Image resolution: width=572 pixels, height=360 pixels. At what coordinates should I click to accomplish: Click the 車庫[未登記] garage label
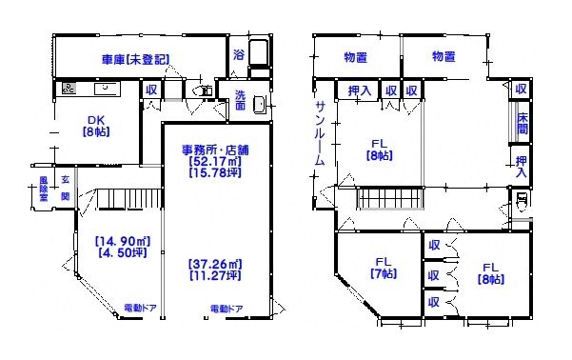pos(135,59)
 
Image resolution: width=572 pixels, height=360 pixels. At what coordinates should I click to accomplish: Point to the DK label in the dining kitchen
pos(95,119)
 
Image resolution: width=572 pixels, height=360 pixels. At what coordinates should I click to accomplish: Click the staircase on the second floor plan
pos(390,199)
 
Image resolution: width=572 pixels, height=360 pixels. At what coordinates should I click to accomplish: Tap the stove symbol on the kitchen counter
pos(69,90)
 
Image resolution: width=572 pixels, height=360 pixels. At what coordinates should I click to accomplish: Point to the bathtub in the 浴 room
pos(261,52)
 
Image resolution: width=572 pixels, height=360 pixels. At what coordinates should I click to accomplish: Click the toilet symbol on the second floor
pos(521,202)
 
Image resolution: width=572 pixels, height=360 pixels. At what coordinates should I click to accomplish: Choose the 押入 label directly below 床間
pos(522,166)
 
